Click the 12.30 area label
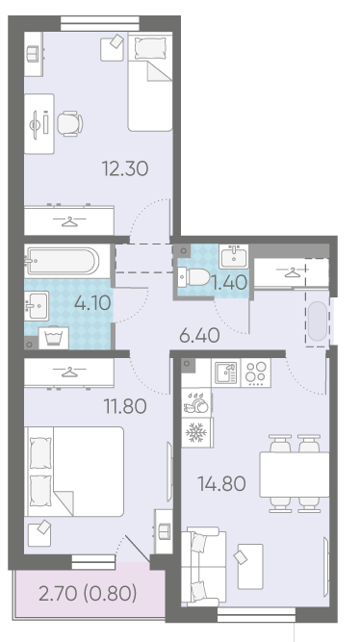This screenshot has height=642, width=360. point(125,168)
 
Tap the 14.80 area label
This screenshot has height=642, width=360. point(221,483)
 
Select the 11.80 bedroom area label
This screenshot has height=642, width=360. point(125,406)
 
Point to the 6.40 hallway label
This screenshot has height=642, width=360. point(199,336)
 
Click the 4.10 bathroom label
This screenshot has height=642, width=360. point(92,303)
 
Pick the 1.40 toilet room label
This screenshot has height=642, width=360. point(229,282)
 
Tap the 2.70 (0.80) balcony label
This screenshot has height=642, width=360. point(88,593)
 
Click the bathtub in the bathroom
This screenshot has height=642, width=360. point(63,261)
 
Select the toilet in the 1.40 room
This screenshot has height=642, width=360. point(194,277)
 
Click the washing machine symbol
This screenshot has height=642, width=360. point(54,338)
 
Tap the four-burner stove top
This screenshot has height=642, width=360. point(256,373)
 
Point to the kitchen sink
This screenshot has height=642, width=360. point(226,373)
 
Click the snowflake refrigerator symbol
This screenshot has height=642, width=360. point(196,433)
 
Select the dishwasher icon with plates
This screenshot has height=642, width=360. point(196,403)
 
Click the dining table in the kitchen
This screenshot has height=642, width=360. point(295,475)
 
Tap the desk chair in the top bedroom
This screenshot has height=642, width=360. point(69,123)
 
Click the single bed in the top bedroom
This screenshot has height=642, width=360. point(150,83)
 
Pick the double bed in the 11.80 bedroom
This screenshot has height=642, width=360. point(74,472)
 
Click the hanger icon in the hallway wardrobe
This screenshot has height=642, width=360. point(292,271)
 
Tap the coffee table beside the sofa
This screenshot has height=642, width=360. point(250,567)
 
